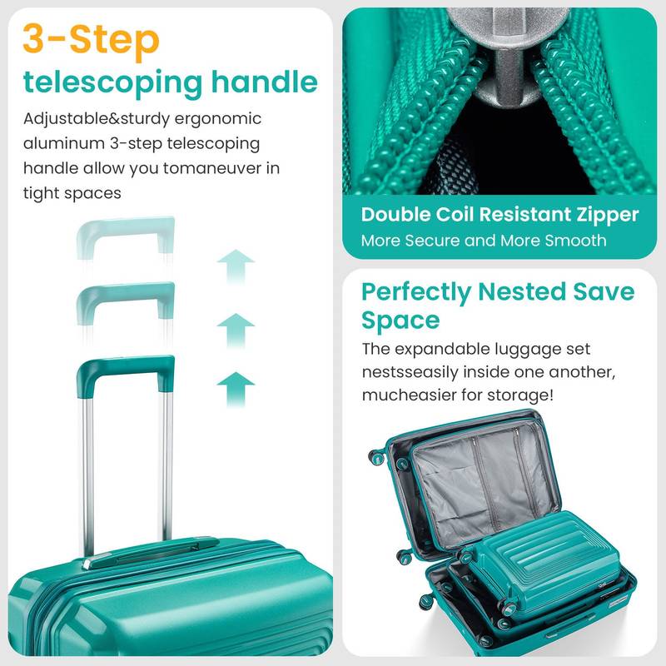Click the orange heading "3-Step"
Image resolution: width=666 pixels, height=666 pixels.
click(x=91, y=39)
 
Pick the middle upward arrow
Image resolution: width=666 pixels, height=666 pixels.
click(x=236, y=330)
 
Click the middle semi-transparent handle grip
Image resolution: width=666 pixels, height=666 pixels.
click(x=125, y=293)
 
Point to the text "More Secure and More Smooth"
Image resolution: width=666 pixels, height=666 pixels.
click(x=484, y=241)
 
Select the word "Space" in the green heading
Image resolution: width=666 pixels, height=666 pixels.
click(x=400, y=321)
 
